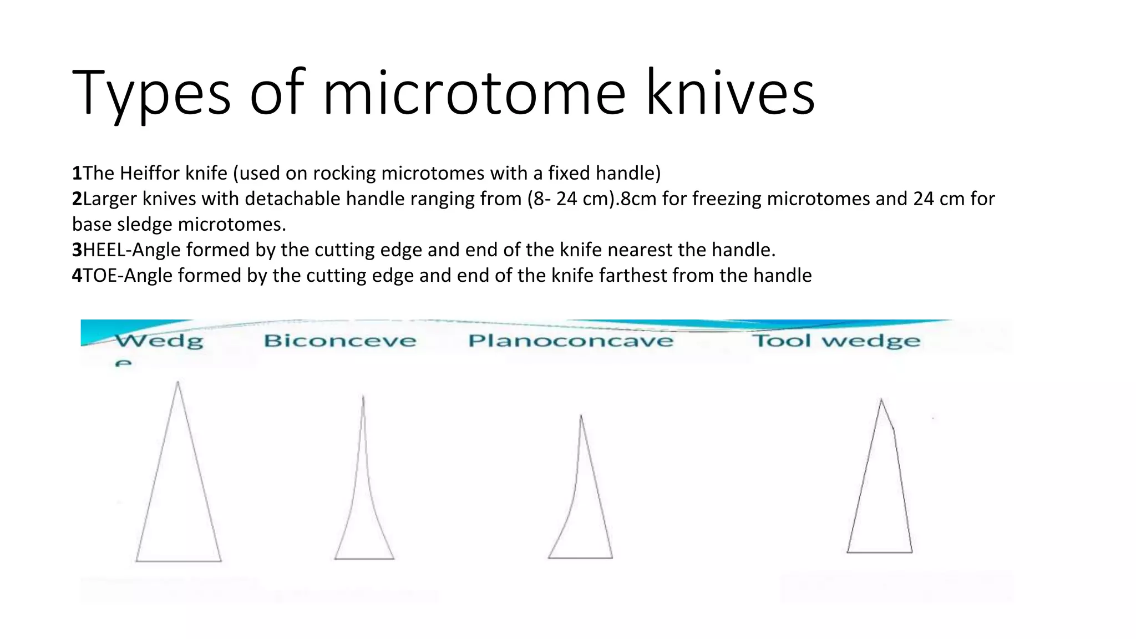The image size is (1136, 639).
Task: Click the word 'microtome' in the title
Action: tap(474, 93)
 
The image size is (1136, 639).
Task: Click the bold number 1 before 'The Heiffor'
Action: tap(77, 174)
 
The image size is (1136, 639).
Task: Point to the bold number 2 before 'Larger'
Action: tap(77, 199)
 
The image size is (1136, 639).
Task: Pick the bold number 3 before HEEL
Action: tap(77, 250)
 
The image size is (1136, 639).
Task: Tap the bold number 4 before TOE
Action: tap(77, 276)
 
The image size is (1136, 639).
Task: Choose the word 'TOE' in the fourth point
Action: tap(100, 276)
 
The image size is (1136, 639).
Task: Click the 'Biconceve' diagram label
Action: tap(339, 341)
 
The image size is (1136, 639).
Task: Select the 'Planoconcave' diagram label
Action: tap(571, 341)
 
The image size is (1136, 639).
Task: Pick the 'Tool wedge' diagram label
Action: tap(836, 341)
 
